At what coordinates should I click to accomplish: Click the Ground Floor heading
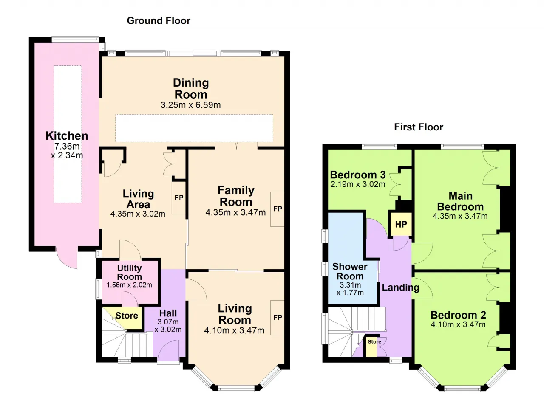(159, 21)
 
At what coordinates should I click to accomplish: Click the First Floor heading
(419, 127)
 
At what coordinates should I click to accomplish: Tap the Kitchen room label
(67, 135)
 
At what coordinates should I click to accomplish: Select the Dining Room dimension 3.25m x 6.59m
(191, 105)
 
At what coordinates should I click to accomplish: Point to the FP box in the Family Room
(278, 209)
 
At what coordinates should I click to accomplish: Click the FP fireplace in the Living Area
(179, 198)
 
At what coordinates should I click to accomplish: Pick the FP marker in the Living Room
(278, 318)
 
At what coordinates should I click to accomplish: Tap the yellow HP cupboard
(401, 224)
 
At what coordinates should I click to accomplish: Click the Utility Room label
(129, 273)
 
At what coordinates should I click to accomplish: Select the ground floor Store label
(127, 316)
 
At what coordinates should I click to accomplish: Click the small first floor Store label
(374, 341)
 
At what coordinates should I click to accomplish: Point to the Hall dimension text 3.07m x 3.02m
(168, 326)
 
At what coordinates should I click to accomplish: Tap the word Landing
(400, 288)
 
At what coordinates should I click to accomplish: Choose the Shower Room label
(350, 271)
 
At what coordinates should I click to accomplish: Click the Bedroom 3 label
(358, 175)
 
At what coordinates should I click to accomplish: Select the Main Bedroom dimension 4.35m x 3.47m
(460, 216)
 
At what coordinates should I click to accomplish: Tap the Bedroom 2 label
(458, 315)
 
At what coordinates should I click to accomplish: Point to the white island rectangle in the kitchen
(68, 134)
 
